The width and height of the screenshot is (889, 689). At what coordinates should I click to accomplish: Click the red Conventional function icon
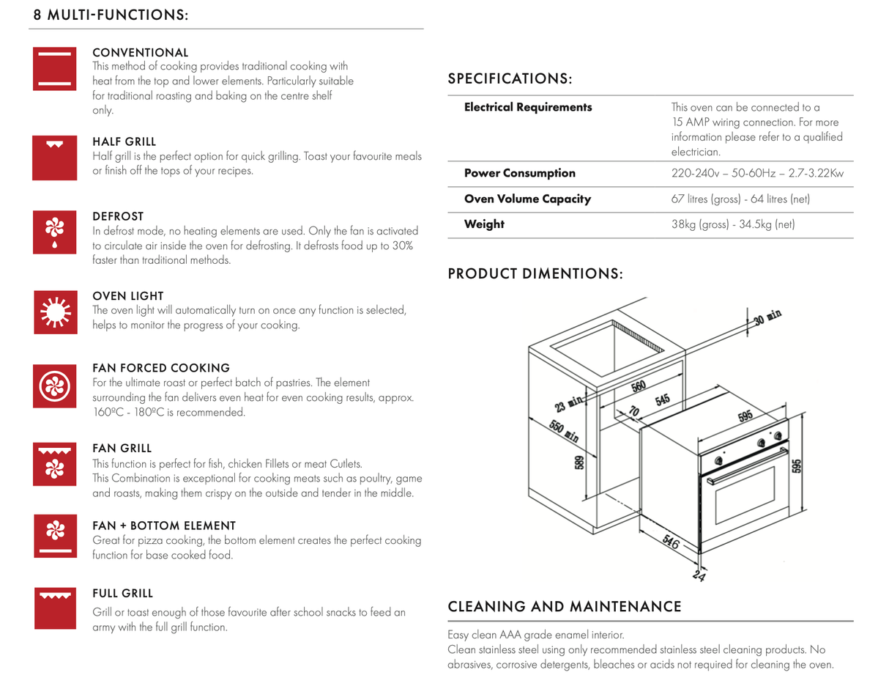click(55, 69)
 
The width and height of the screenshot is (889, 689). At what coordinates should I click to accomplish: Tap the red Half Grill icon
click(55, 158)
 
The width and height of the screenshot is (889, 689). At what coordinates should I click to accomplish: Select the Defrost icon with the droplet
click(55, 232)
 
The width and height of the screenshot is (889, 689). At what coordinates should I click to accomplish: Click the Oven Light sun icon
click(55, 312)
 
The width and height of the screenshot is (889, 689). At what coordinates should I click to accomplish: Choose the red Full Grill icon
click(55, 608)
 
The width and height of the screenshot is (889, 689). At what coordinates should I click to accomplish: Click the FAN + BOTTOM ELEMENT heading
click(164, 526)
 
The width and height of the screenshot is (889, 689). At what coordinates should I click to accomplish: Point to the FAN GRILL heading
click(122, 448)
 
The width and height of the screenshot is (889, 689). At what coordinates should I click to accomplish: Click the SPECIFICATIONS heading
click(510, 78)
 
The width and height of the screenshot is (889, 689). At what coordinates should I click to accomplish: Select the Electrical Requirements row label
click(528, 108)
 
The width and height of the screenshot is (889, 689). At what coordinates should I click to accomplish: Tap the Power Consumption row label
click(520, 174)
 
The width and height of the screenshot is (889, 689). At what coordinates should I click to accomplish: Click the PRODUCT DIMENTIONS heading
click(535, 274)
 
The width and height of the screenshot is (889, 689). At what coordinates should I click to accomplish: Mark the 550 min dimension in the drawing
click(564, 430)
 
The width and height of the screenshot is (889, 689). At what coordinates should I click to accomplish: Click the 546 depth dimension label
click(672, 542)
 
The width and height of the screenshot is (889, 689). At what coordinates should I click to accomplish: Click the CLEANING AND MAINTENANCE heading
click(565, 607)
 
